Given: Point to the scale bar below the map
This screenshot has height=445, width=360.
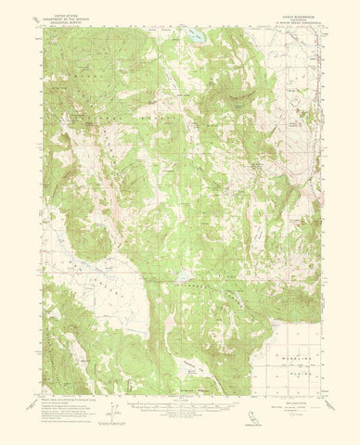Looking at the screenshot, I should tap(180, 400).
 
